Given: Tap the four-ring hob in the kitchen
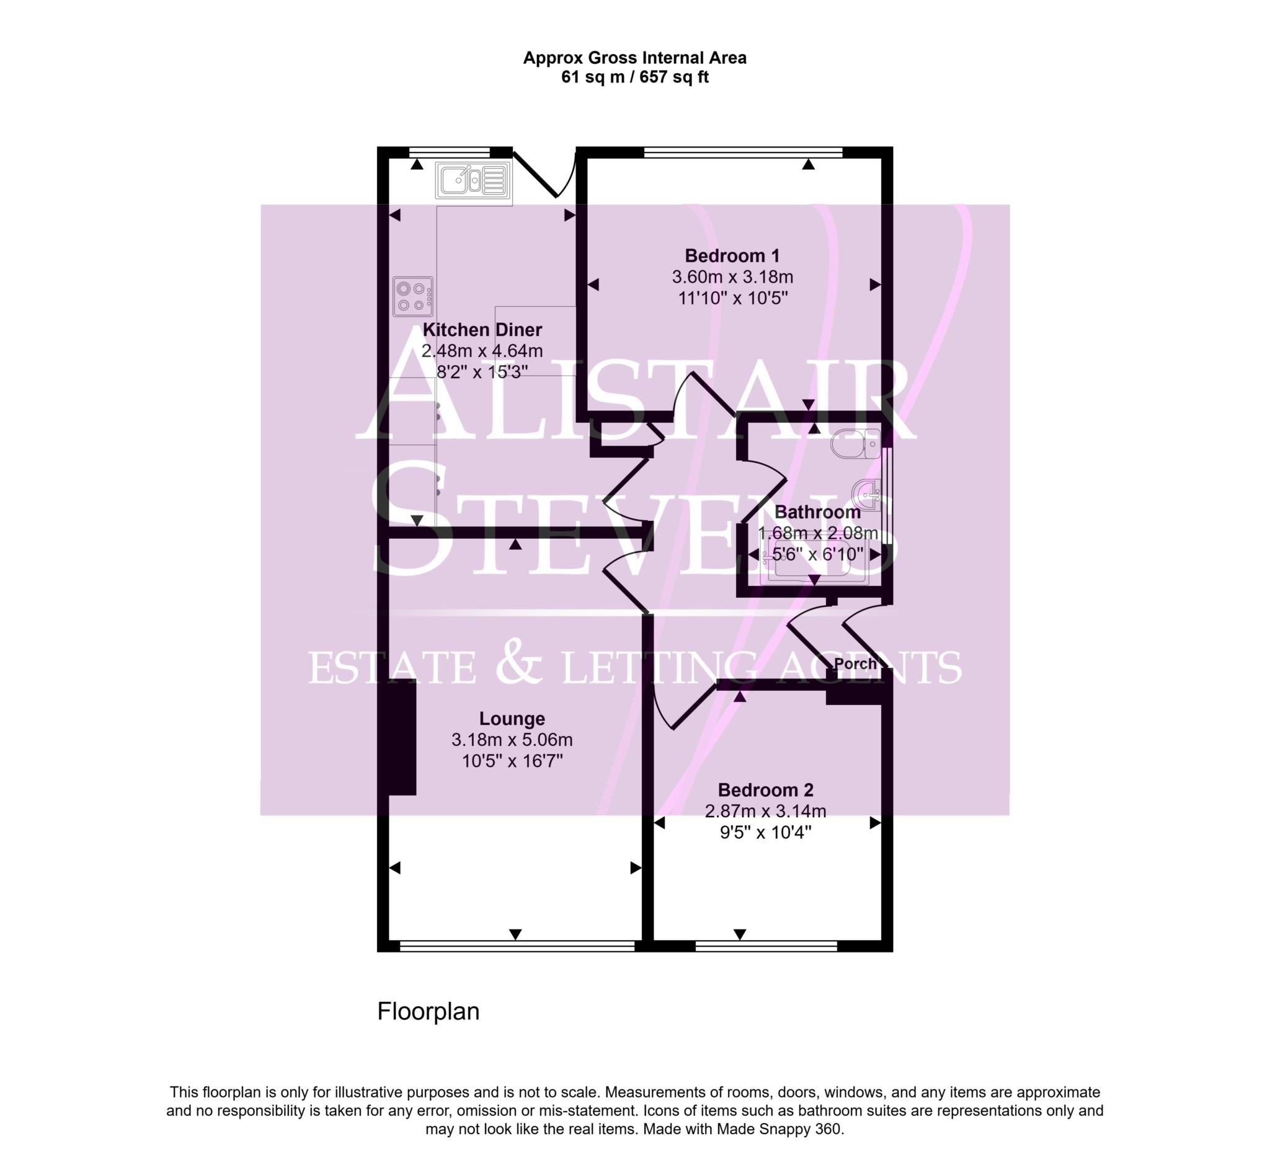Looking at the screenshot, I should (x=413, y=296).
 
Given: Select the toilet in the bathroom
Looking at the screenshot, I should (x=856, y=444).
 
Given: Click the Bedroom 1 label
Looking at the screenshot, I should (x=732, y=256).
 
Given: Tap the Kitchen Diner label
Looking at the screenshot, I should (x=482, y=330).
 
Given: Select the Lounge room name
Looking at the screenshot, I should (x=512, y=719).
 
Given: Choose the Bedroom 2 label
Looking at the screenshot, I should (x=765, y=790).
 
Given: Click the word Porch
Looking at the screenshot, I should (x=855, y=664).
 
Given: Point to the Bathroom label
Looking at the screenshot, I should (x=817, y=512).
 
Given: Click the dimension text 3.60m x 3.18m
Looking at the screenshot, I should (x=732, y=277).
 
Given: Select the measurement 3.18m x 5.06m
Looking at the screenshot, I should (x=512, y=740).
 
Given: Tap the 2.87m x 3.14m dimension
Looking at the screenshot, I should (x=765, y=811).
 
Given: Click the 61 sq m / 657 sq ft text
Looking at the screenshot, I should (x=635, y=78).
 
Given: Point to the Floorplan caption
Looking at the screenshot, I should (x=429, y=1011).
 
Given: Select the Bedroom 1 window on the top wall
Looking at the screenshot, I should (x=744, y=152).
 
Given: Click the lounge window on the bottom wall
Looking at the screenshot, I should (x=517, y=946).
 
